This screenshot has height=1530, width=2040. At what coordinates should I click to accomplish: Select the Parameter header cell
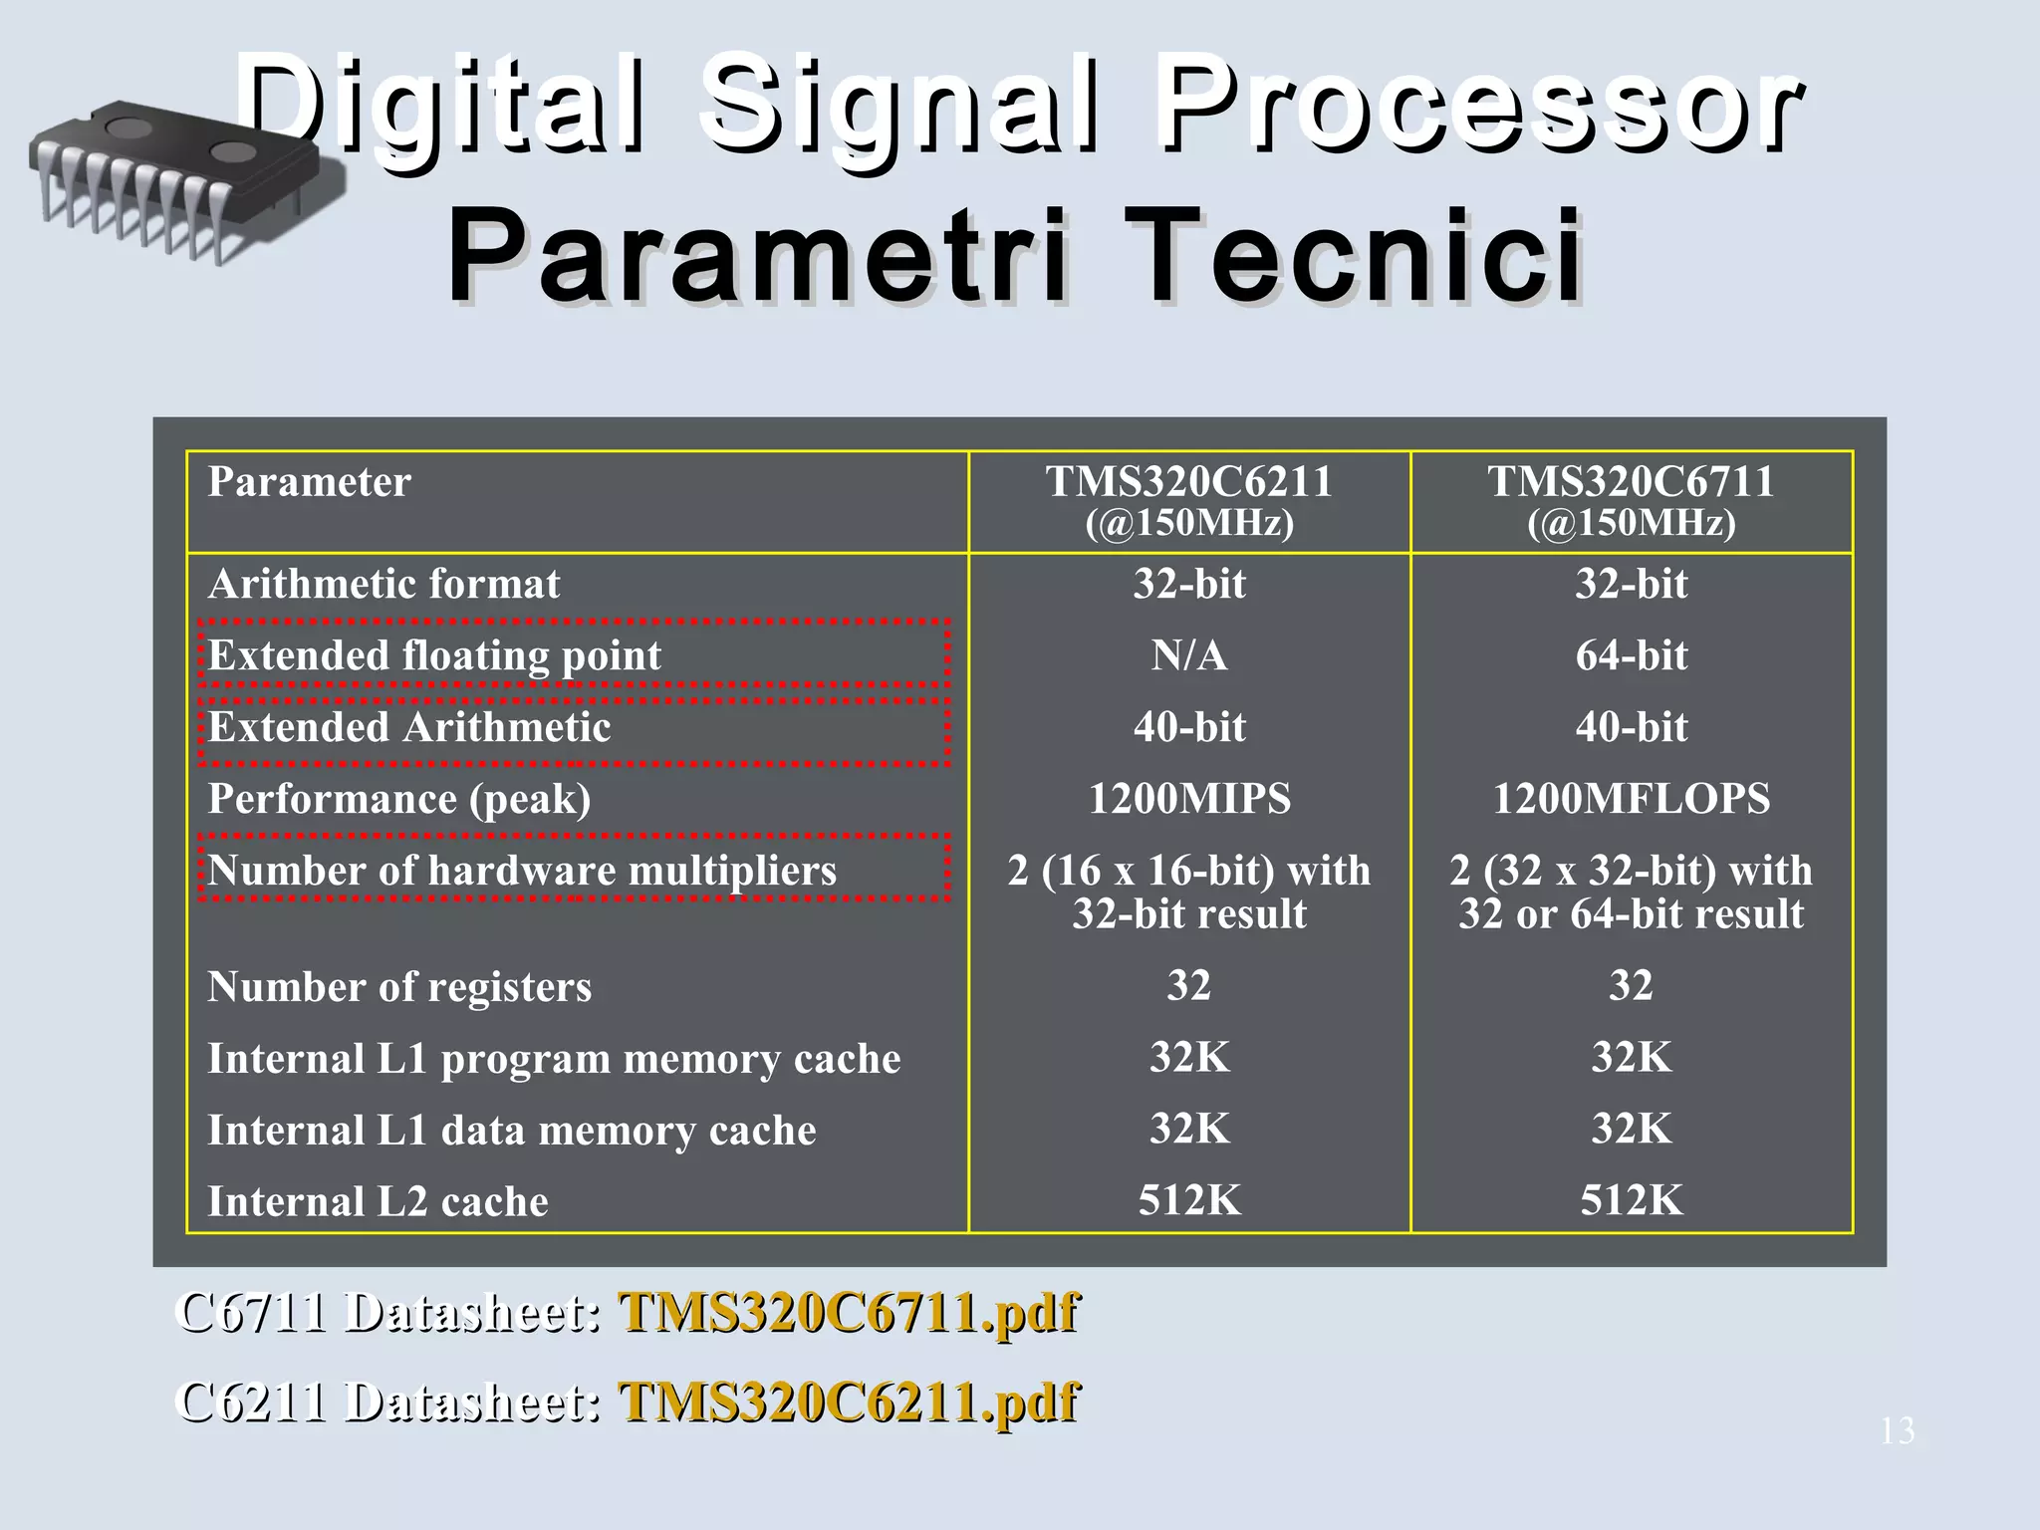click(x=310, y=482)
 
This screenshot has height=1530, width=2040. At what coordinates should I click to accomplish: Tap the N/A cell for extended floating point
click(x=1188, y=655)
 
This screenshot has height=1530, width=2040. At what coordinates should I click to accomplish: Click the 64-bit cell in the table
click(x=1631, y=655)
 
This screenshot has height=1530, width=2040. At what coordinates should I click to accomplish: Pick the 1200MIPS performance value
click(x=1188, y=799)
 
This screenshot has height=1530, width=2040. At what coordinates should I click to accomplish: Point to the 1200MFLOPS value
click(x=1631, y=799)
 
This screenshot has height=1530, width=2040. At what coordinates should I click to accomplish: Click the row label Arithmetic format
click(x=383, y=584)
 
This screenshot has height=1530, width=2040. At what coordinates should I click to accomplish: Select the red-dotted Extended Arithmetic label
click(x=409, y=728)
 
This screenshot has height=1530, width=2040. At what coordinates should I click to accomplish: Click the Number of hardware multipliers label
click(x=522, y=871)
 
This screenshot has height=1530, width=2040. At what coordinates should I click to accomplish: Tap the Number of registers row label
click(x=399, y=987)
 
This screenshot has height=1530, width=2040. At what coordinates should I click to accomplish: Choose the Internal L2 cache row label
click(x=378, y=1201)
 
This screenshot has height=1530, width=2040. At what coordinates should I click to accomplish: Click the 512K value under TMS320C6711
click(x=1631, y=1200)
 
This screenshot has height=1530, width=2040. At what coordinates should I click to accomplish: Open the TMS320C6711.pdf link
click(x=848, y=1312)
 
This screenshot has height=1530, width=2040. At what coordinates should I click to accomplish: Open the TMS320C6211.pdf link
click(x=848, y=1402)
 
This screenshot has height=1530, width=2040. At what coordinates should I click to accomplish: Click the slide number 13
click(x=1897, y=1431)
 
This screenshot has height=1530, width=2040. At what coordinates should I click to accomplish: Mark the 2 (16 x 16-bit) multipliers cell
click(x=1188, y=892)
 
